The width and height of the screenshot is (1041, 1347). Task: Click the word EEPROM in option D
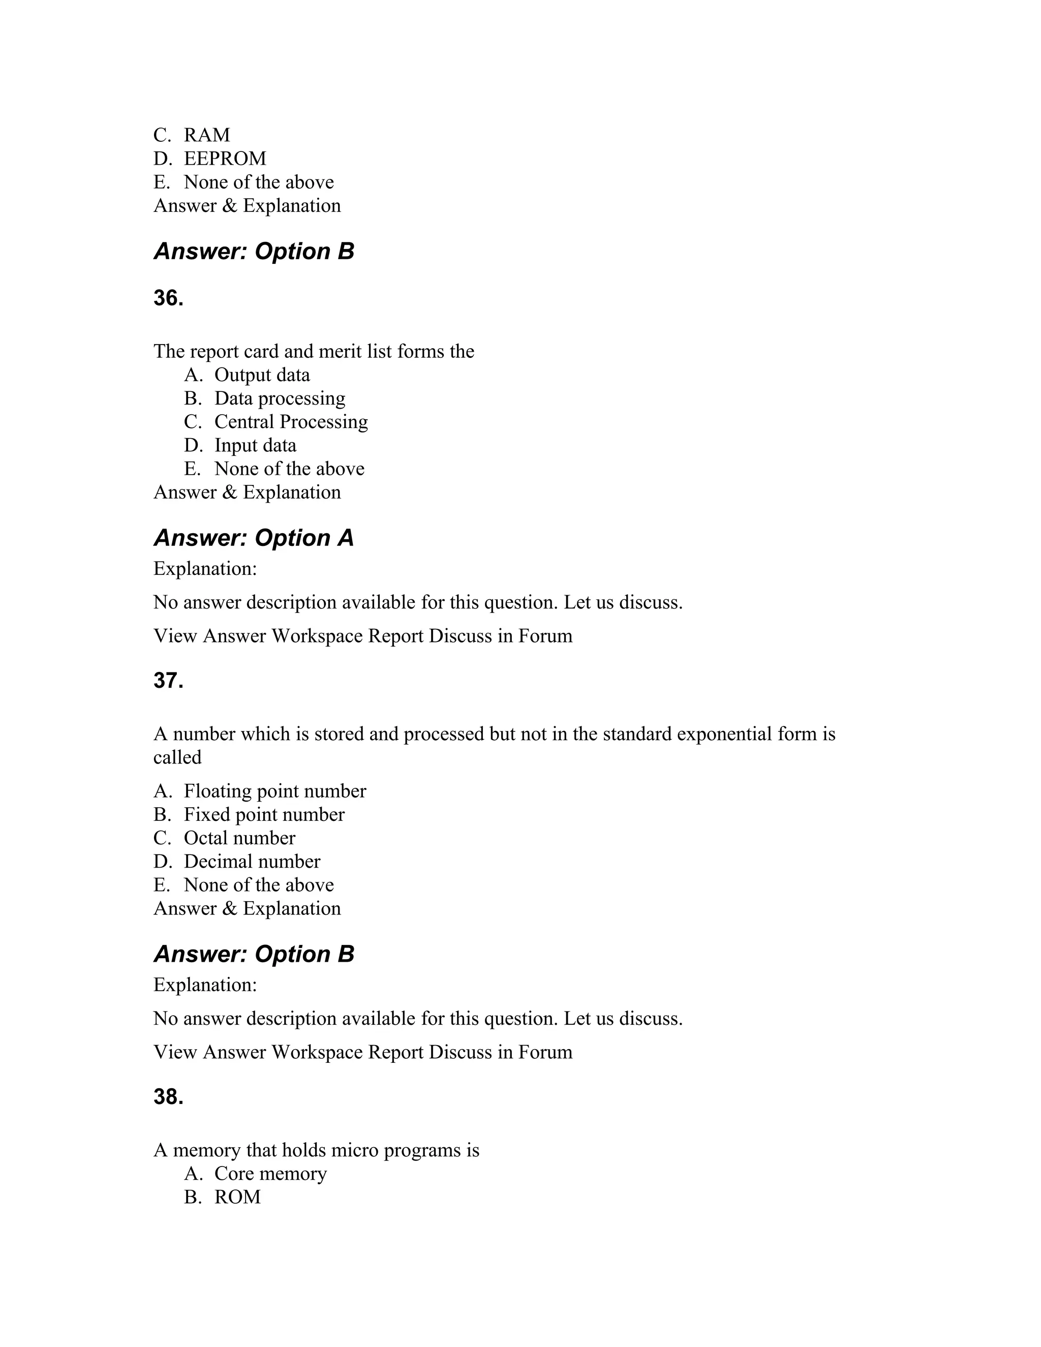(x=225, y=159)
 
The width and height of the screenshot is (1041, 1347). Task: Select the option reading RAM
(x=206, y=135)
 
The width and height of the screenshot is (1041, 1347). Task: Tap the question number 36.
(x=168, y=298)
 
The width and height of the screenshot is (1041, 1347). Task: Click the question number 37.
(x=168, y=681)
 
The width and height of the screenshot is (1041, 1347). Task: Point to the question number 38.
(x=168, y=1097)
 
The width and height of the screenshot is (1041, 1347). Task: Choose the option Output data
(x=262, y=375)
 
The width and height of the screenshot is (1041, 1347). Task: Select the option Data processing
(x=280, y=399)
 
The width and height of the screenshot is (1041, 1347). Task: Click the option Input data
(x=255, y=445)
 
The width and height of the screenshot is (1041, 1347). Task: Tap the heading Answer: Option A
(x=254, y=538)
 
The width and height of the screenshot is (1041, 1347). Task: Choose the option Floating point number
(x=274, y=791)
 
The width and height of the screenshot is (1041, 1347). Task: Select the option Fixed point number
(x=264, y=815)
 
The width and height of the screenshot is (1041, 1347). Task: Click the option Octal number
(x=239, y=838)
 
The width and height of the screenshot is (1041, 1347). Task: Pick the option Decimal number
(x=252, y=862)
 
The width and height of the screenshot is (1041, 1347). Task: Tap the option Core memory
(x=270, y=1174)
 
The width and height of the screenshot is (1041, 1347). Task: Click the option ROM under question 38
(x=237, y=1197)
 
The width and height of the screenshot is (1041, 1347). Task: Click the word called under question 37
(x=177, y=757)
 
